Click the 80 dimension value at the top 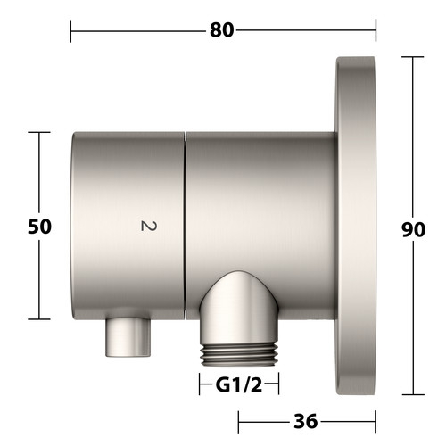click(222, 30)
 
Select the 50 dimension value click(39, 227)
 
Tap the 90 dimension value click(413, 230)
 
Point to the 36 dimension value click(306, 422)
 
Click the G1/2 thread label click(239, 385)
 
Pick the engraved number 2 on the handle click(148, 226)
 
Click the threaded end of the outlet click(239, 355)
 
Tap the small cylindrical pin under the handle click(128, 337)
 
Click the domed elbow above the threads click(239, 306)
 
